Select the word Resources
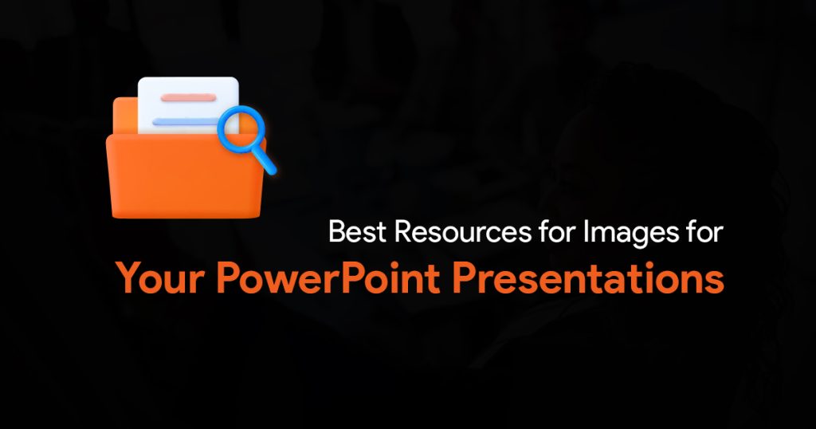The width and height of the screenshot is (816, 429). pos(463,232)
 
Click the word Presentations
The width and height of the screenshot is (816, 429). pos(588,278)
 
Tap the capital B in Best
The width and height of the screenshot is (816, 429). pos(337,232)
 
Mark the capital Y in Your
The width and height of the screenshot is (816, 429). pos(128,277)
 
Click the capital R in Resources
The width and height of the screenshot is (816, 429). pos(404,232)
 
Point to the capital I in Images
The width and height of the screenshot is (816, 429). pos(586,232)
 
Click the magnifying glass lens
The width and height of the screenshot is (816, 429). pos(241,129)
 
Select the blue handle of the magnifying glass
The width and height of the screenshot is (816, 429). pos(266,162)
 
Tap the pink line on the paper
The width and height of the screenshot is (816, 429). pos(188,97)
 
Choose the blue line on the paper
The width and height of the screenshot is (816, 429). pos(186,122)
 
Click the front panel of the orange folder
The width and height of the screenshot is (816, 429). pos(186,175)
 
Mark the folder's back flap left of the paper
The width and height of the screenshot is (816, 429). pos(125,116)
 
